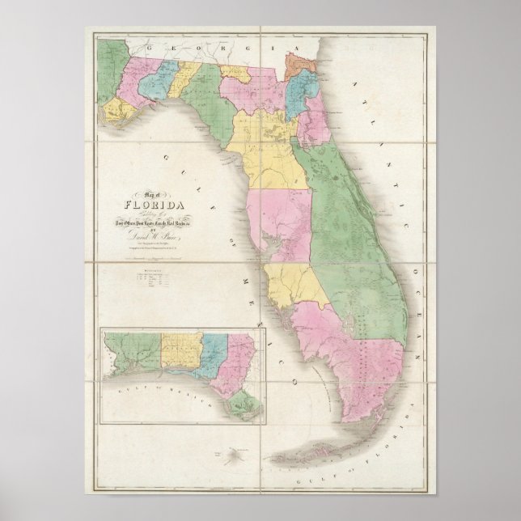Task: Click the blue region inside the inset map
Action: click(214, 349)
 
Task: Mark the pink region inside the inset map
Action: click(241, 349)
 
